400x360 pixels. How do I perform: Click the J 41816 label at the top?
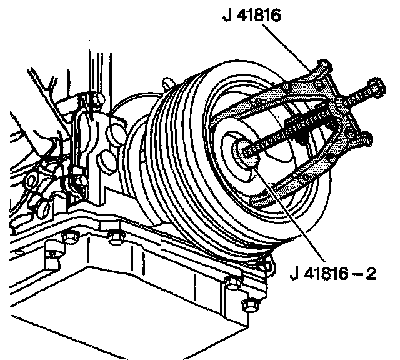coord(251,15)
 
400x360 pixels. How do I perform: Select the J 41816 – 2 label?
coord(333,274)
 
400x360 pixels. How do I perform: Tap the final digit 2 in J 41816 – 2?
coord(371,274)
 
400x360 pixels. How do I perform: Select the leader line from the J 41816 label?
coord(287,47)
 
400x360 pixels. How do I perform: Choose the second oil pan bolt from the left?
coord(116,237)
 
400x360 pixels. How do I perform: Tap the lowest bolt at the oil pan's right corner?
coord(251,305)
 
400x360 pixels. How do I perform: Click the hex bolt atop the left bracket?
coord(97,97)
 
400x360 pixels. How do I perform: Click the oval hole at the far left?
coord(31,181)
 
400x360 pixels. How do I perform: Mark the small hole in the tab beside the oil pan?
coord(52,254)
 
